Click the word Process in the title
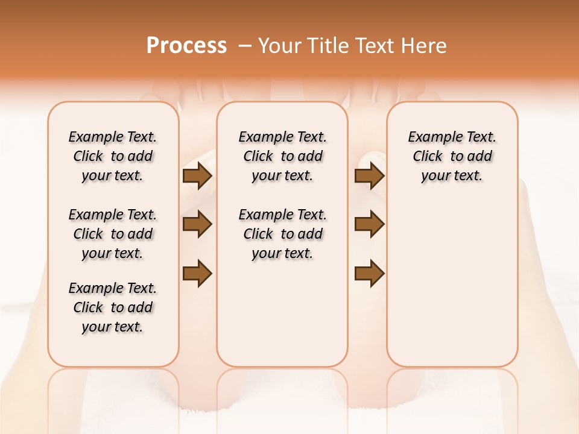[x=186, y=46]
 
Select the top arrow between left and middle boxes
[x=197, y=176]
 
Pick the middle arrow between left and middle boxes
[x=197, y=224]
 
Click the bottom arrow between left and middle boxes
[x=197, y=273]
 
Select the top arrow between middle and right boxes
[x=369, y=176]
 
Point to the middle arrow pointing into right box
[x=369, y=224]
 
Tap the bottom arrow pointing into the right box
[x=369, y=273]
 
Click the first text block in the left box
[x=113, y=156]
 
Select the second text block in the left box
[x=113, y=234]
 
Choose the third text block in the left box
[x=113, y=307]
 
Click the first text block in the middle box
[x=282, y=156]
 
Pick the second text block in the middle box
[x=282, y=234]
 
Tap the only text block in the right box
[x=452, y=156]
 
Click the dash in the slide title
[x=245, y=46]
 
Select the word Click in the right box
[x=428, y=157]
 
